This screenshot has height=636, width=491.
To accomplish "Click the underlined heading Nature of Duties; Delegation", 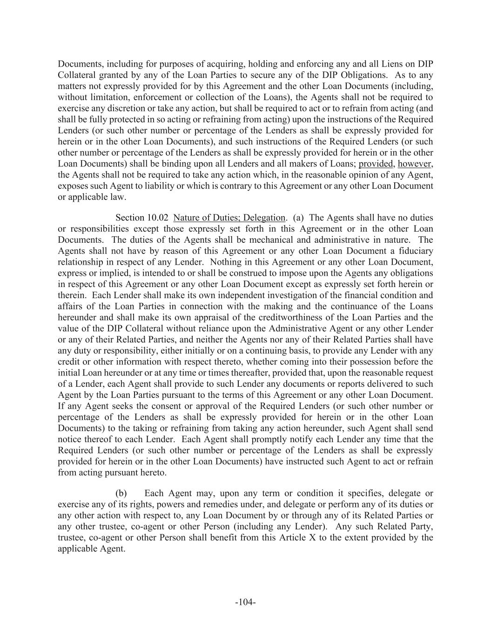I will (x=229, y=218).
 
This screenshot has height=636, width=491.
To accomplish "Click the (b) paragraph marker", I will (x=121, y=493).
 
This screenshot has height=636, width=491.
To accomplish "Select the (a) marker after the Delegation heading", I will (x=298, y=218).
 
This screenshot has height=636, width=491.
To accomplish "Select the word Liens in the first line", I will (x=401, y=64).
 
